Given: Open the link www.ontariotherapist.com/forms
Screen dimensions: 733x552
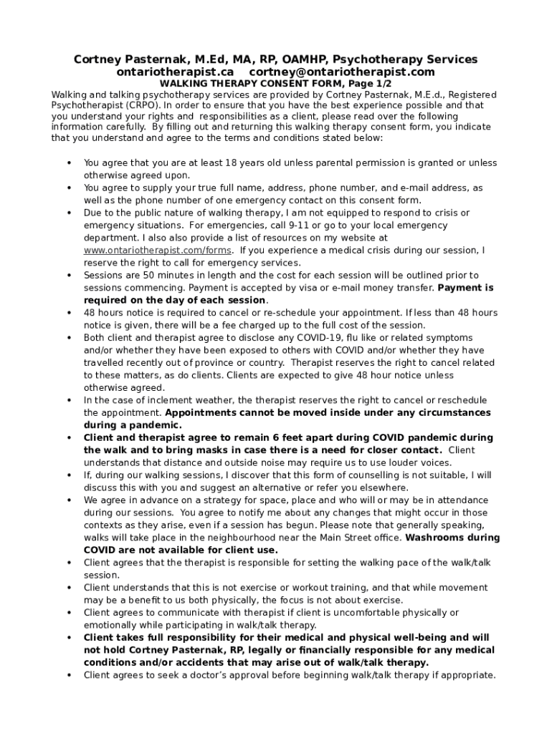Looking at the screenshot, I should point(158,251).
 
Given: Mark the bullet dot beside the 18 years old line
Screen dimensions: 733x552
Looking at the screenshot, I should point(69,163).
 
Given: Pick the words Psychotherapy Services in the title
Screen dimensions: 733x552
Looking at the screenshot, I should point(409,59).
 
